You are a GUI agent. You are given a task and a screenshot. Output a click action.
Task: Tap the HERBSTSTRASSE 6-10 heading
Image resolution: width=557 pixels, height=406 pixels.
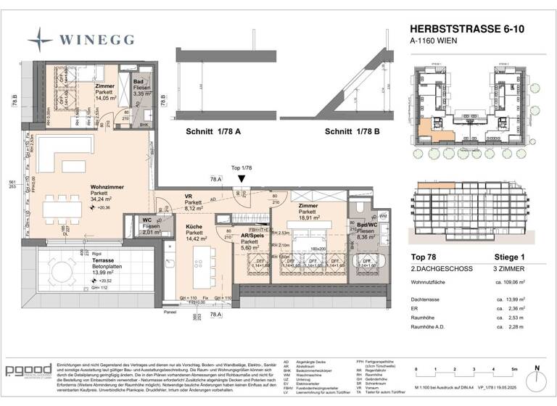pos(465,30)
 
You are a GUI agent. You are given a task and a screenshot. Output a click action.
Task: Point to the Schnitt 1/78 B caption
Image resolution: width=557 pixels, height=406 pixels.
pos(355,133)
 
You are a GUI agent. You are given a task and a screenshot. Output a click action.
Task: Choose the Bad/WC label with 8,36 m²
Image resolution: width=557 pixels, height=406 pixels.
pos(371,225)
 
